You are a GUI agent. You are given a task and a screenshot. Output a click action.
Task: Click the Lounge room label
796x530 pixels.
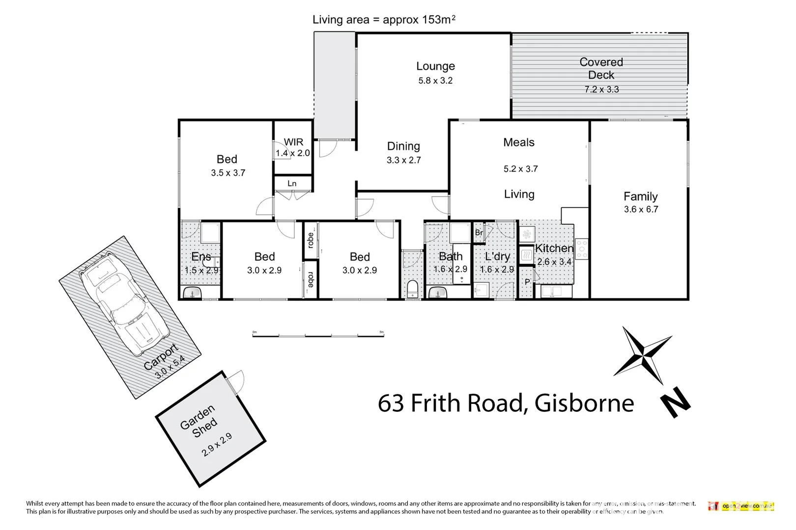click(435, 66)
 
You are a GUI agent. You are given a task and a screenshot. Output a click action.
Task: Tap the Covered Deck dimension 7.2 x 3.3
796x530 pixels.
click(601, 89)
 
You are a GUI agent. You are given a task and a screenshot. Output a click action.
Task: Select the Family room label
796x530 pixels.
click(640, 197)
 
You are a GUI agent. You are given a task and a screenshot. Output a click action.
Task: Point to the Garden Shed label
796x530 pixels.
click(198, 421)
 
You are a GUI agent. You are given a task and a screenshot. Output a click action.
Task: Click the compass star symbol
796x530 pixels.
click(643, 355)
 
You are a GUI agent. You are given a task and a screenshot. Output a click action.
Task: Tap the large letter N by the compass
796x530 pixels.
click(675, 402)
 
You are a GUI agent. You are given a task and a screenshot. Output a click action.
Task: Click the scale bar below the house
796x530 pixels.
click(318, 336)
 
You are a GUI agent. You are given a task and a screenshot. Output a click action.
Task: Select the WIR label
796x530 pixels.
click(293, 142)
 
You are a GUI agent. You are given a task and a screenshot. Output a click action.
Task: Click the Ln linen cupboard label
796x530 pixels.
click(292, 184)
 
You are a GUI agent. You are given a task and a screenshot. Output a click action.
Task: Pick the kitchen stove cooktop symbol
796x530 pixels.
click(582, 249)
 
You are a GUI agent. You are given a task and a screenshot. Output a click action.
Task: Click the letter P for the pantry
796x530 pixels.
click(527, 282)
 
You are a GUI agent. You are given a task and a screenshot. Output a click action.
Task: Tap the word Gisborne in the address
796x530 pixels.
click(584, 403)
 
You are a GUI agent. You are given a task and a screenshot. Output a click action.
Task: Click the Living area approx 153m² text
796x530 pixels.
click(384, 20)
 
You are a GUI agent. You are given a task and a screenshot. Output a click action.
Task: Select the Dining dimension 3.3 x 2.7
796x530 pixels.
click(403, 160)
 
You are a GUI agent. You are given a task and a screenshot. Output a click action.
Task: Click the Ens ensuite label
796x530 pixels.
click(201, 257)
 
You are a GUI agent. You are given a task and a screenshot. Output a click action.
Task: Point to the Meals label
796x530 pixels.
click(518, 142)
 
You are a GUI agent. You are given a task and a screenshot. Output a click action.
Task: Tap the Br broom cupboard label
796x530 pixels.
click(479, 233)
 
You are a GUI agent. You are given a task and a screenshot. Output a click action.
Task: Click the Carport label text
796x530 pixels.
click(160, 357)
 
